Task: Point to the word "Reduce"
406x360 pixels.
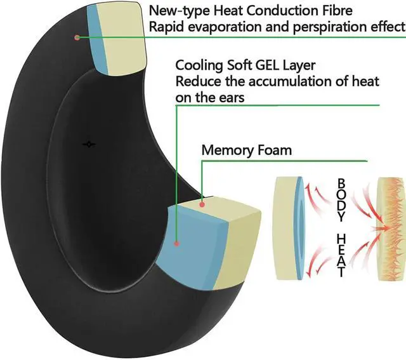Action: coord(195,81)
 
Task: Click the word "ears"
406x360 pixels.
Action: coord(230,97)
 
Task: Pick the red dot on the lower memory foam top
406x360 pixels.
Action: coord(202,203)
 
